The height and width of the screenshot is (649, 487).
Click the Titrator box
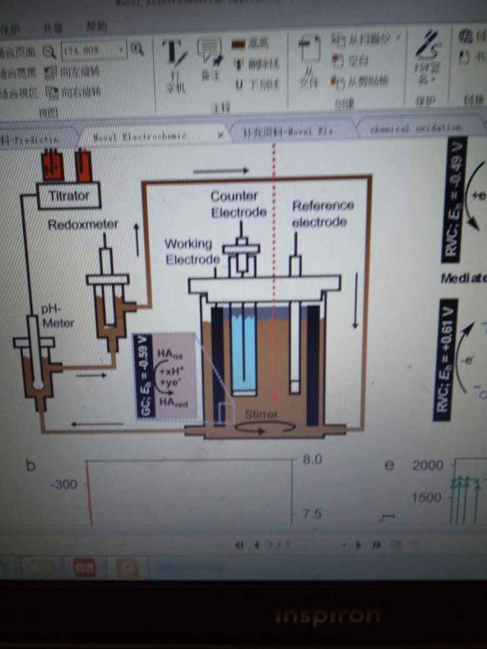[x=69, y=195]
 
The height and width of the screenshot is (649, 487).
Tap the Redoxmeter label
[x=83, y=225]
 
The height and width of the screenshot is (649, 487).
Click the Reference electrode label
[x=323, y=213]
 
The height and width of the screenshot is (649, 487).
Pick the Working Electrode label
[x=192, y=252]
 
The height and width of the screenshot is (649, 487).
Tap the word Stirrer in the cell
[x=261, y=415]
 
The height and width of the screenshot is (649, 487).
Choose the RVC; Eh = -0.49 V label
[x=453, y=198]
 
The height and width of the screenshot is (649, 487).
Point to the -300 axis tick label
[x=64, y=485]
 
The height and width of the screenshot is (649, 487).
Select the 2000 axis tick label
[x=427, y=465]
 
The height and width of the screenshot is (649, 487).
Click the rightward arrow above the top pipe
[x=221, y=170]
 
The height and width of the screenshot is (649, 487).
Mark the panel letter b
[x=31, y=465]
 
